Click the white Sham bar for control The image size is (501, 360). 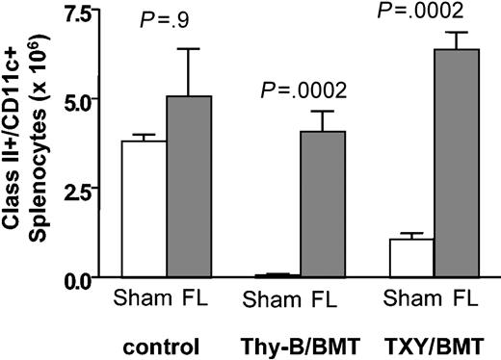click(144, 209)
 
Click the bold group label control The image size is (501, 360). click(164, 344)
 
